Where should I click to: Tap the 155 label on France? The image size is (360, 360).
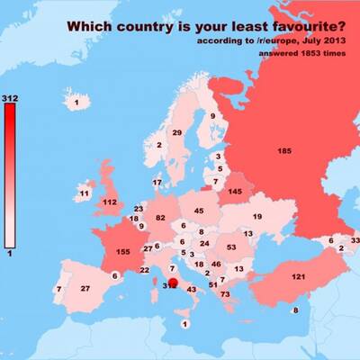point(124,253)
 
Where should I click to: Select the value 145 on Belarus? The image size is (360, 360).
point(235,191)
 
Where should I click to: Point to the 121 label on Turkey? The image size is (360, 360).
point(300,275)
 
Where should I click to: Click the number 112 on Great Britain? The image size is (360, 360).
point(110,202)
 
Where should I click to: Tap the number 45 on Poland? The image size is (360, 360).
point(199,211)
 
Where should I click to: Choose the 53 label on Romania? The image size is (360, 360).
point(231,247)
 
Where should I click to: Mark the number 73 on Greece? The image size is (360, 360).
point(225,294)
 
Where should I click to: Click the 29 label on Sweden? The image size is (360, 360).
point(177,133)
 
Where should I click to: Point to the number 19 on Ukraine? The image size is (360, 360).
point(256,217)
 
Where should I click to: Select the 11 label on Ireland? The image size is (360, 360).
point(84,193)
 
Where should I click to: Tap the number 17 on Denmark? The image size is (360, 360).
point(157,183)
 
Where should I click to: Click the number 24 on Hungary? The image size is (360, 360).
point(204,243)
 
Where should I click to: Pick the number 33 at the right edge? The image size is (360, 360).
point(355,240)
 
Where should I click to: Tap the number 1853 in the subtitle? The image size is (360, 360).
point(301,53)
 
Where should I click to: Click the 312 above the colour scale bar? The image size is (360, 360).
point(11,96)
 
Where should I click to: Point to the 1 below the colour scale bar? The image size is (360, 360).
point(10,255)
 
